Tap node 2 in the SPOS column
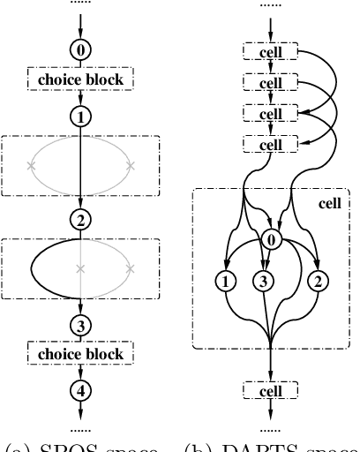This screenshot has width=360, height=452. click(x=80, y=219)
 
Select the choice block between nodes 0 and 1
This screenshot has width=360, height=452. click(x=80, y=80)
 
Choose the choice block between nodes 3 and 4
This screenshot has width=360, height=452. click(x=80, y=354)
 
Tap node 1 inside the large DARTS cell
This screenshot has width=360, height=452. click(x=226, y=282)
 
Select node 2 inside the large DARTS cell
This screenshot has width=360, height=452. click(x=315, y=282)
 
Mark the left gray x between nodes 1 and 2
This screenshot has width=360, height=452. click(x=32, y=165)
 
